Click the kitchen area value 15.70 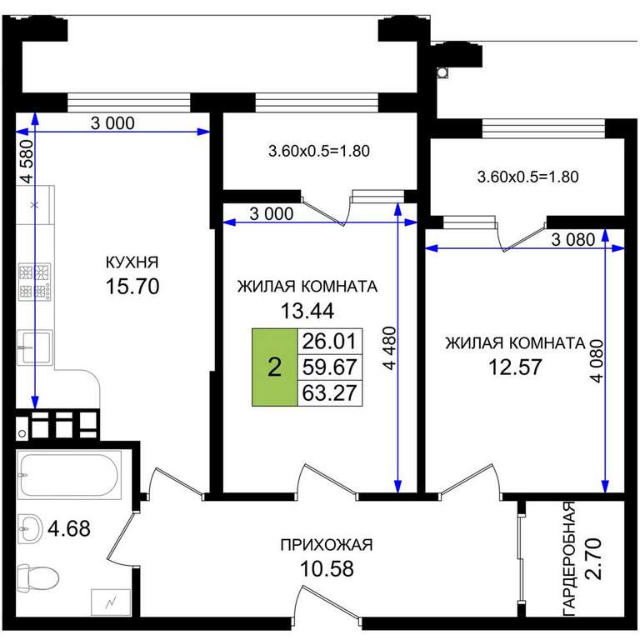point(132,287)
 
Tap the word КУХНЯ point(132,262)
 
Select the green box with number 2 point(275,367)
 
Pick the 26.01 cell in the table point(329,341)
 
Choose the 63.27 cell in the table point(329,393)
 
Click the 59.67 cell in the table point(329,367)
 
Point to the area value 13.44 point(307,311)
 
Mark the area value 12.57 point(515,367)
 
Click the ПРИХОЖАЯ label point(327,545)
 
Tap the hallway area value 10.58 point(327,568)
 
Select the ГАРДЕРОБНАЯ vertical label point(569,558)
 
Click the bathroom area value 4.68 point(69,528)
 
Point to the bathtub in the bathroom point(69,475)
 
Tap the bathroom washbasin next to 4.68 point(30,528)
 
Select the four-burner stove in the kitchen point(35,282)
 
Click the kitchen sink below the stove point(35,347)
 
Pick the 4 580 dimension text point(27,161)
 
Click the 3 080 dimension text point(573,240)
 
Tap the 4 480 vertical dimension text point(390,347)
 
